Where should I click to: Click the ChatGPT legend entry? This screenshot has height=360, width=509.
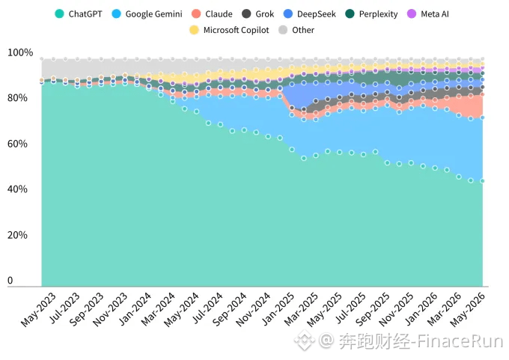79,14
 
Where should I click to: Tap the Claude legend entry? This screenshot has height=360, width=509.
213,14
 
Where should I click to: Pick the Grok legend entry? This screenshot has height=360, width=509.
258,14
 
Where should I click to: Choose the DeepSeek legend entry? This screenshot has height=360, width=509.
310,14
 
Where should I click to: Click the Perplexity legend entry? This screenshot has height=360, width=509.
371,14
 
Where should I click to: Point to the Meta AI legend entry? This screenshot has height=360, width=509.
428,14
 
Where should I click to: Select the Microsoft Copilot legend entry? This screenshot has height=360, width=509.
229,30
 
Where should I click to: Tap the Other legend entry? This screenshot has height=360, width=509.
296,30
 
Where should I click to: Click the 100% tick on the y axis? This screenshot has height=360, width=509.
20,52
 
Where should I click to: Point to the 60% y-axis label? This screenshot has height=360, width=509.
17,144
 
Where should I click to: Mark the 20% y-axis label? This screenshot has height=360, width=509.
17,235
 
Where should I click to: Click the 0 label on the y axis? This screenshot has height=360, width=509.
10,280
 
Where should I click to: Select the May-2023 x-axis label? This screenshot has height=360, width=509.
38,309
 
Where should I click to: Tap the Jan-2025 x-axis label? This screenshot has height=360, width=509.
278,308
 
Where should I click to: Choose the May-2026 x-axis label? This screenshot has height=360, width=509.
467,309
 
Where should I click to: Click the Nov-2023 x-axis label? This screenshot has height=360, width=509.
110,309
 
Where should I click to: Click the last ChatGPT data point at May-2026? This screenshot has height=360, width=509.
482,181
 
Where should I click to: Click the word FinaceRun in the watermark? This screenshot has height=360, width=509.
460,341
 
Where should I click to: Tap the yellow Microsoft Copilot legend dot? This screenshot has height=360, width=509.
194,30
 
